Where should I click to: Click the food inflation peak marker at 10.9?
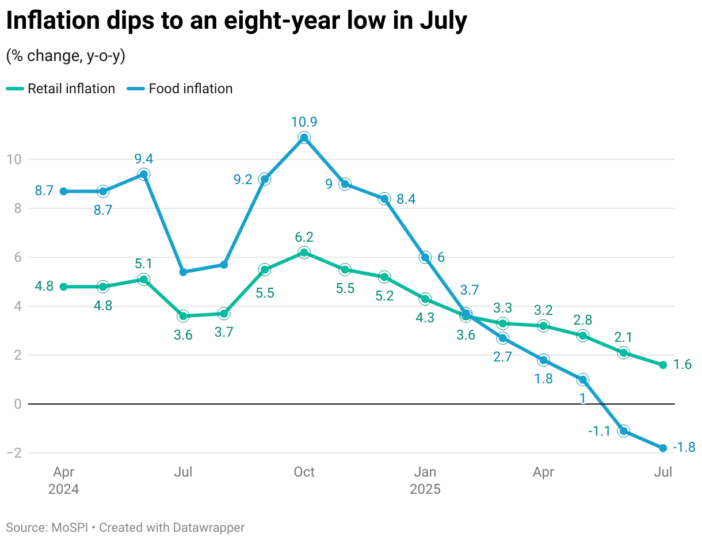tap(304, 138)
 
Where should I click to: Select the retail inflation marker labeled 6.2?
tap(304, 253)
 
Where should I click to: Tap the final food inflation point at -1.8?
tap(663, 448)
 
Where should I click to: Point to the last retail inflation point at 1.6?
tap(663, 365)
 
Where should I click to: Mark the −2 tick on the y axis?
tap(14, 453)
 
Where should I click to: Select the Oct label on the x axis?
tap(304, 473)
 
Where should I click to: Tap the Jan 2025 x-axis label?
tap(425, 481)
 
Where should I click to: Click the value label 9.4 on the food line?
tap(144, 159)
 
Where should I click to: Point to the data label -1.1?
tap(599, 431)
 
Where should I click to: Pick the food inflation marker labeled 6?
tap(425, 257)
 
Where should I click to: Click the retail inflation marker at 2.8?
tap(583, 336)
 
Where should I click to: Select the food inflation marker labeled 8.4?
tap(384, 199)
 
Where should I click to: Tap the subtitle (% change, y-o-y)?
tap(66, 56)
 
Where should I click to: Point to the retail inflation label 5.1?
tap(144, 264)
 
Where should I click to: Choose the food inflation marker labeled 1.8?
tap(543, 360)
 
